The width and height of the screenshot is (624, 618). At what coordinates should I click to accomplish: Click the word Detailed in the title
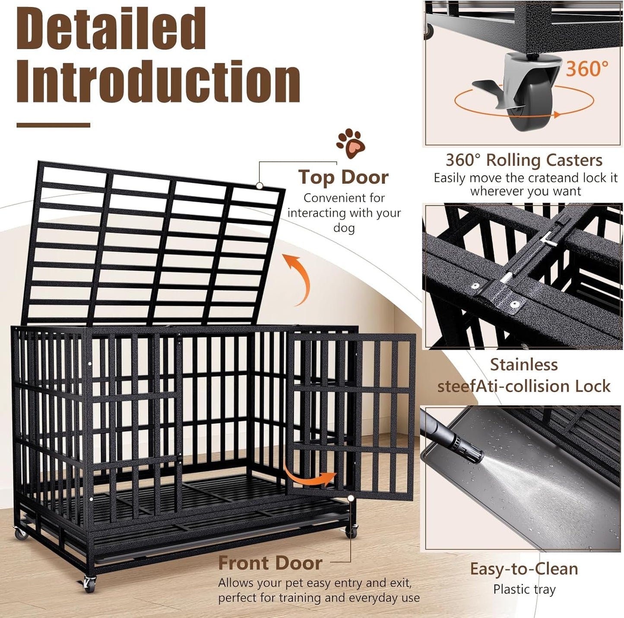(x=111, y=29)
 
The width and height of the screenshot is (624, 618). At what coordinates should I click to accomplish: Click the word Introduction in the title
(x=158, y=82)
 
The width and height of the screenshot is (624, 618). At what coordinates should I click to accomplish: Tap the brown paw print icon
(x=351, y=143)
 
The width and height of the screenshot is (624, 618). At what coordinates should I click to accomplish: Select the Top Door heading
(x=343, y=177)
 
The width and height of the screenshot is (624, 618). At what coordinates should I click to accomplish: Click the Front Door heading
(x=270, y=563)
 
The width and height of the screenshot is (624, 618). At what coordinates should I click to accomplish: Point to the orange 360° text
(x=587, y=69)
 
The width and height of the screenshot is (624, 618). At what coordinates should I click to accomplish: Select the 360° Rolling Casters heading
(x=524, y=160)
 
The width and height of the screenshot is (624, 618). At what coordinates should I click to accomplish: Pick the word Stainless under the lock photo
(x=524, y=365)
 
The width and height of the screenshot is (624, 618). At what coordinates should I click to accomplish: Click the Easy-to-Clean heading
(x=524, y=569)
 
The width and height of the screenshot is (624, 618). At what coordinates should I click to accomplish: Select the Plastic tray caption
(x=524, y=589)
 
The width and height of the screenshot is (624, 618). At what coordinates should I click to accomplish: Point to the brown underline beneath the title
(x=53, y=125)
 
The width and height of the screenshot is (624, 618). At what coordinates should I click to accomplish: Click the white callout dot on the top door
(x=260, y=185)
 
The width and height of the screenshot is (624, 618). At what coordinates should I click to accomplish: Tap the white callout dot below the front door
(x=351, y=498)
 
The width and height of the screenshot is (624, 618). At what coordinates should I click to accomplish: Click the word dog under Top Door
(x=344, y=227)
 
